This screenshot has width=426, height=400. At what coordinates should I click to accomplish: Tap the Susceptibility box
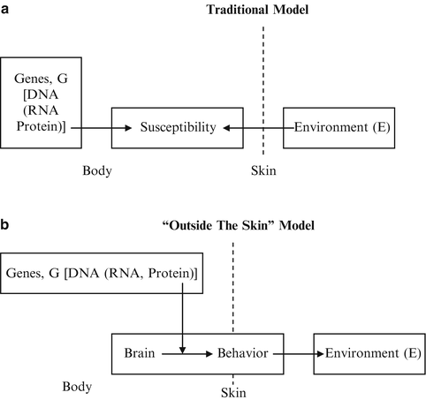click(x=178, y=128)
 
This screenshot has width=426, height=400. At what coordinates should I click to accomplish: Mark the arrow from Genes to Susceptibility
click(x=90, y=128)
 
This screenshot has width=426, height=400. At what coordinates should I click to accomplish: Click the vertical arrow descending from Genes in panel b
click(x=180, y=318)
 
